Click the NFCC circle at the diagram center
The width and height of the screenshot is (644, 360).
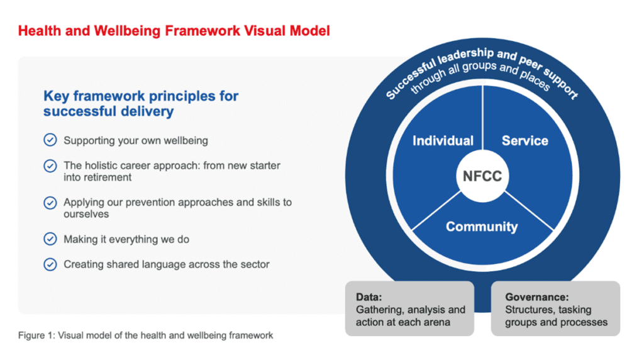[x=482, y=176]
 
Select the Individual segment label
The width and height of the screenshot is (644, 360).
[x=443, y=141]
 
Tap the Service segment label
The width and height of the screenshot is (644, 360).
[x=525, y=141]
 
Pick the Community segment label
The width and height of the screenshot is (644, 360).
[x=482, y=227]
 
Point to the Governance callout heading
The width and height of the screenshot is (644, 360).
[x=536, y=296]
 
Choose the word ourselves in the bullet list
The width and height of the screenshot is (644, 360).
[x=86, y=214]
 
